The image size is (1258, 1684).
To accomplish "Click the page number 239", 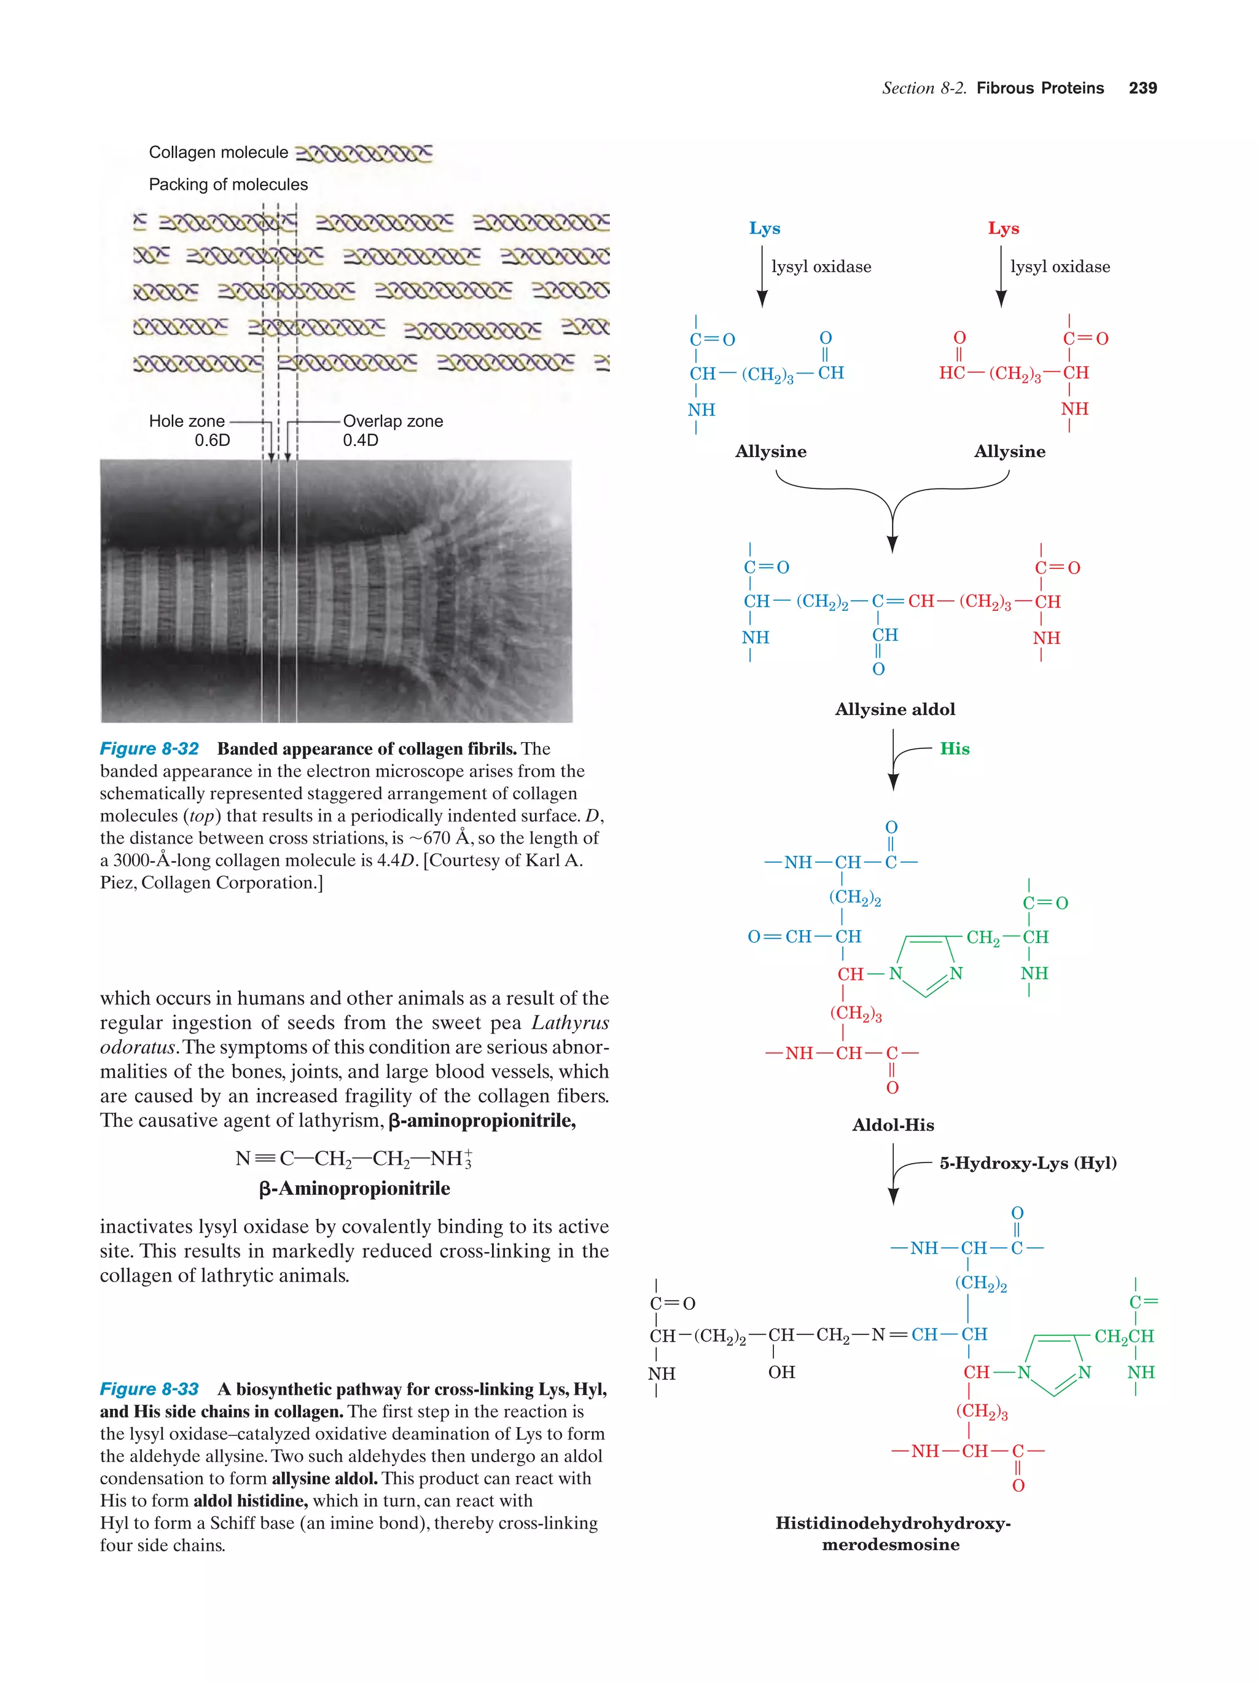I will (x=1143, y=88).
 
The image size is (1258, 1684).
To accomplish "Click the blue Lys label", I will (x=764, y=229).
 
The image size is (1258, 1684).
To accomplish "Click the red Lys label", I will (x=1003, y=229).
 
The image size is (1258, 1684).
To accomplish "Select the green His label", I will (x=955, y=748).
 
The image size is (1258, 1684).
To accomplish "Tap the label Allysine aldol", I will (x=894, y=709).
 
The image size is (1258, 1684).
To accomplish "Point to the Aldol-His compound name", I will (x=893, y=1124).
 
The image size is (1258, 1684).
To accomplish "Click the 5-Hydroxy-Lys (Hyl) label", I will (x=1028, y=1162).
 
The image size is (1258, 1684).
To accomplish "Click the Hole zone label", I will (x=187, y=421).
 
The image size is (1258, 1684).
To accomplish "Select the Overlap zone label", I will (x=393, y=421).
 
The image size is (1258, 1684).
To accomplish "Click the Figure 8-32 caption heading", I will (x=149, y=748).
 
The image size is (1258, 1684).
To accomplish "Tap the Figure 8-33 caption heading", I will (x=149, y=1388).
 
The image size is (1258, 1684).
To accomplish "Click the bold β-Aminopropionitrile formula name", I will (x=354, y=1188).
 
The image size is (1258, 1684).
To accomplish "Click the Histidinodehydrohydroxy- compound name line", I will (x=892, y=1522).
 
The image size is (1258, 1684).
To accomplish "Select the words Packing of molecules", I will (x=229, y=184).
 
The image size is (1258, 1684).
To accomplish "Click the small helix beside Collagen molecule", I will (x=363, y=153).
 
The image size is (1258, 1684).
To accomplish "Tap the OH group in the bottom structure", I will (x=781, y=1372).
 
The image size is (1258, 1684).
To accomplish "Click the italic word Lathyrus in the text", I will (x=570, y=1022).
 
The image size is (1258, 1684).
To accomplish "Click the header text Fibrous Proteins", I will (x=1039, y=88).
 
